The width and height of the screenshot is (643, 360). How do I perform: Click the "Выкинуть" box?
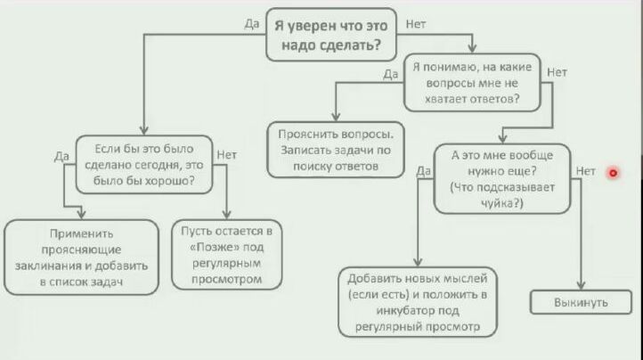[x=581, y=303]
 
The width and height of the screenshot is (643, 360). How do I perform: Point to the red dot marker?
[x=614, y=172]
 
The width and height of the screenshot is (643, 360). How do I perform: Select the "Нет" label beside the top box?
[x=415, y=23]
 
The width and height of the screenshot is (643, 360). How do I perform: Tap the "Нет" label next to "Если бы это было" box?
[x=226, y=154]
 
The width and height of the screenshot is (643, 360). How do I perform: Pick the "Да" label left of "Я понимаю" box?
[x=390, y=74]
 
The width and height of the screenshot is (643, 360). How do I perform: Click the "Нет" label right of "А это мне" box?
[x=585, y=170]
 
